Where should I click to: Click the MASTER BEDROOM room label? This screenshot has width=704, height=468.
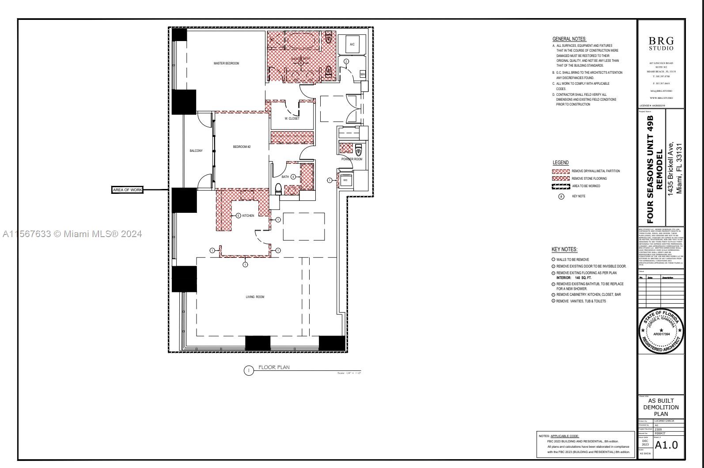[x=226, y=64]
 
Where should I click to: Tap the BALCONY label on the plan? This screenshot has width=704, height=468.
[x=196, y=151]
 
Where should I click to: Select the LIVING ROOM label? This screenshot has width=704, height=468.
[x=255, y=297]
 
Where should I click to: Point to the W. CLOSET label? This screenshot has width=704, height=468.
[x=292, y=119]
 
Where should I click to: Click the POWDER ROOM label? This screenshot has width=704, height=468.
[x=352, y=159]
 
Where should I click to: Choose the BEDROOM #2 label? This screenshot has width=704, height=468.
[x=242, y=147]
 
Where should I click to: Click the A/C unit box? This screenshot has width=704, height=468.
[x=352, y=44]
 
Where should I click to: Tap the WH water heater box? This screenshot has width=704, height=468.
[x=363, y=75]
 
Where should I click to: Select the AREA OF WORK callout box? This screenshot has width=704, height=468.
[x=128, y=190]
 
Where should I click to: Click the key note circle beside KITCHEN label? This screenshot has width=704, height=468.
[x=238, y=215]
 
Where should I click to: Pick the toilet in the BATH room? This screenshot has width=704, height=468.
[x=278, y=189]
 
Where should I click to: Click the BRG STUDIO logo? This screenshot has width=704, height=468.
[x=661, y=43]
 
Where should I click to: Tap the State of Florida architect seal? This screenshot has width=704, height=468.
[x=661, y=331]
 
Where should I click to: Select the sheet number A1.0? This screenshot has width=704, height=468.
[x=666, y=445]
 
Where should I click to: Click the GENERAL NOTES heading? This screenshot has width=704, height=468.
[x=569, y=39]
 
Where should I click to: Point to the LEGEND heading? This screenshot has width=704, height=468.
[x=560, y=162]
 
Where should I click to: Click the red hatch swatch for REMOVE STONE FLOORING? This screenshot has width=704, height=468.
[x=560, y=178]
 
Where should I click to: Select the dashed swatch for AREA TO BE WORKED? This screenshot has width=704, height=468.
[x=560, y=186]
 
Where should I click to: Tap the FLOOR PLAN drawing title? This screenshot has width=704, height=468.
[x=274, y=367]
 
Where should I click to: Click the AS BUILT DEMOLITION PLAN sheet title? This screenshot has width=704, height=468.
[x=661, y=407]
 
